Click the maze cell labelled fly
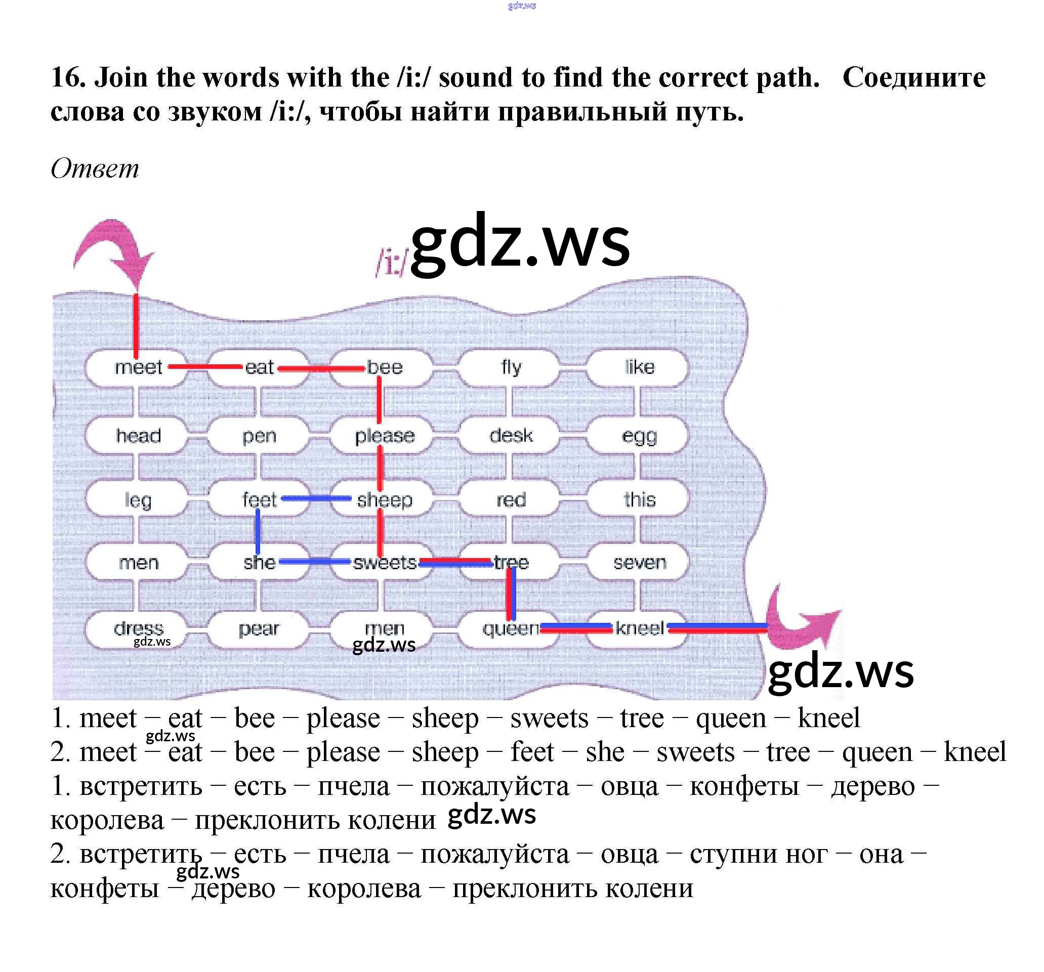511,367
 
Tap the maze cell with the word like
639,367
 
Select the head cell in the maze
138,436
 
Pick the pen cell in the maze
259,436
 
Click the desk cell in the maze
511,436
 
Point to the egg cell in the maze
639,436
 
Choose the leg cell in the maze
138,499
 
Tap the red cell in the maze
511,499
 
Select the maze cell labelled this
639,499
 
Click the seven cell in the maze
639,563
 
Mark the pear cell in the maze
259,628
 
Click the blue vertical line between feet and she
257,531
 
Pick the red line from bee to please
380,402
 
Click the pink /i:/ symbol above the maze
391,261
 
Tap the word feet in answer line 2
532,752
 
